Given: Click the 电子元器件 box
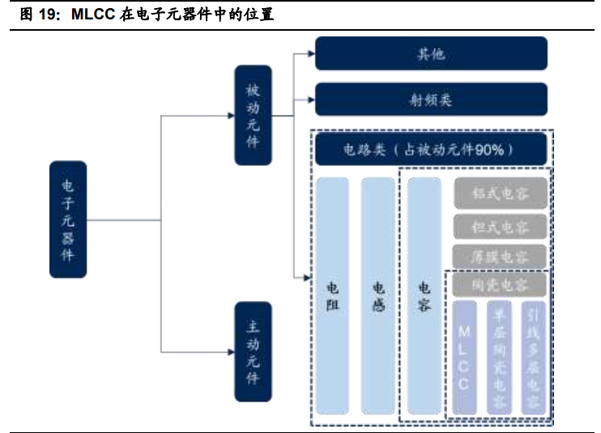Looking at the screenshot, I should point(67,219).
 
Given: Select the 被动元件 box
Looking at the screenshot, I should point(253,116).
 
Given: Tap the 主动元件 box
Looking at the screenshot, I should point(253,351).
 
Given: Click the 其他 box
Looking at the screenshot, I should point(430,54).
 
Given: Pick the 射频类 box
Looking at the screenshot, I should point(430,100).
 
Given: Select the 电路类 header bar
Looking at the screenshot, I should point(430,150).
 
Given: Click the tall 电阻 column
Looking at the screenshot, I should point(332,296).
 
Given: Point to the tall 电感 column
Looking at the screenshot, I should point(377,296).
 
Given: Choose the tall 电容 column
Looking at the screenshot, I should point(424,296).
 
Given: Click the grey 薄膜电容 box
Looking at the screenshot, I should point(500,257).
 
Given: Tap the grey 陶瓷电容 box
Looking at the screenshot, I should point(500,285).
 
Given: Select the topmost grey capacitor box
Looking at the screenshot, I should point(500,193).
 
